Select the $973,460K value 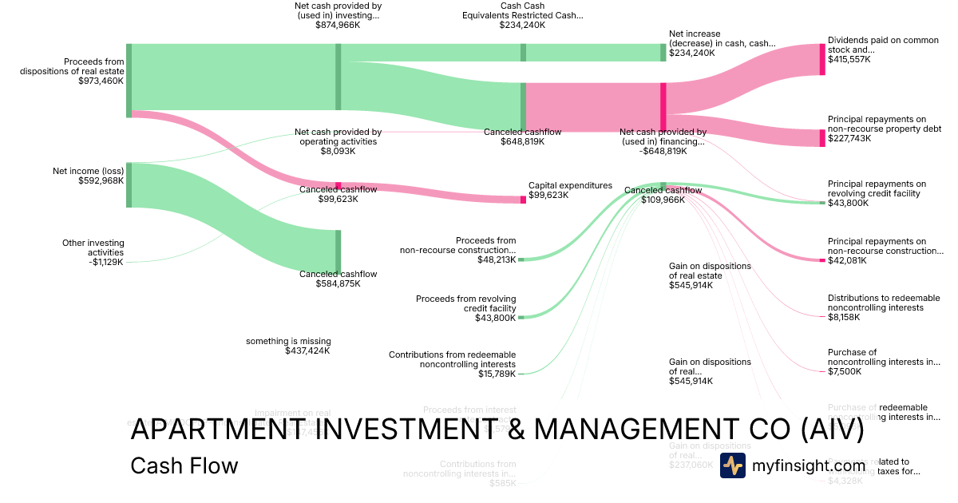[x=101, y=81]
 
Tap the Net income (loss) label [x=88, y=170]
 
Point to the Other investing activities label [x=93, y=248]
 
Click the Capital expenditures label [x=570, y=185]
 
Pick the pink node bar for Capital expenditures [x=523, y=199]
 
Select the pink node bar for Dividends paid [x=822, y=59]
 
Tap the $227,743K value [x=849, y=138]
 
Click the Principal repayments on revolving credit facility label [x=877, y=188]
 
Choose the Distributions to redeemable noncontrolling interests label [x=884, y=303]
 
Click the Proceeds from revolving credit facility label [x=465, y=303]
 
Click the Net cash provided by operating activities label [x=338, y=137]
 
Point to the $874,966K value [x=338, y=25]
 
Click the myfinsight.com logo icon [x=733, y=465]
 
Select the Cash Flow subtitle [x=184, y=465]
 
